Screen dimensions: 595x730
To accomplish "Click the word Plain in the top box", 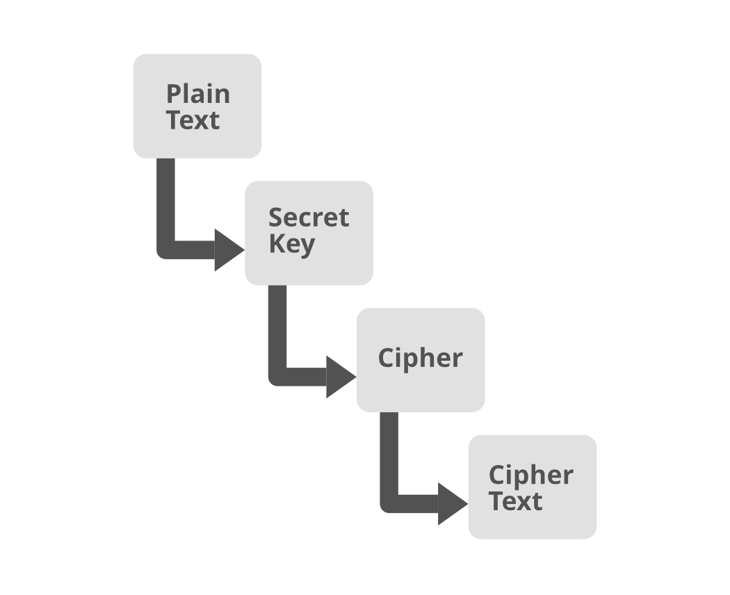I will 197,94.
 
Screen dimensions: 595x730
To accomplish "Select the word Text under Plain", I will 193,120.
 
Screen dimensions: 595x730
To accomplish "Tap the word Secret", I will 309,218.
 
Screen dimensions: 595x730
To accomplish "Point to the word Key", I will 291,245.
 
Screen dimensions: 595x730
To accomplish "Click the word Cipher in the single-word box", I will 420,358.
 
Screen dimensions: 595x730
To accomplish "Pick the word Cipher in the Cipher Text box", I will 530,475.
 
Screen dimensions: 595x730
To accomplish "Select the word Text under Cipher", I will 515,501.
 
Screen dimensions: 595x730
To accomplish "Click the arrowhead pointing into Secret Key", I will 228,250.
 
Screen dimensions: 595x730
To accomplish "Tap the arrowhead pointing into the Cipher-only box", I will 339,377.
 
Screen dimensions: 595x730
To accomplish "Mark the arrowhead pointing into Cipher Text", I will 451,504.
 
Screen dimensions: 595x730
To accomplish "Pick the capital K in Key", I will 276,244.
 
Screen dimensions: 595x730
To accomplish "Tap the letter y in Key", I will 307,247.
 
